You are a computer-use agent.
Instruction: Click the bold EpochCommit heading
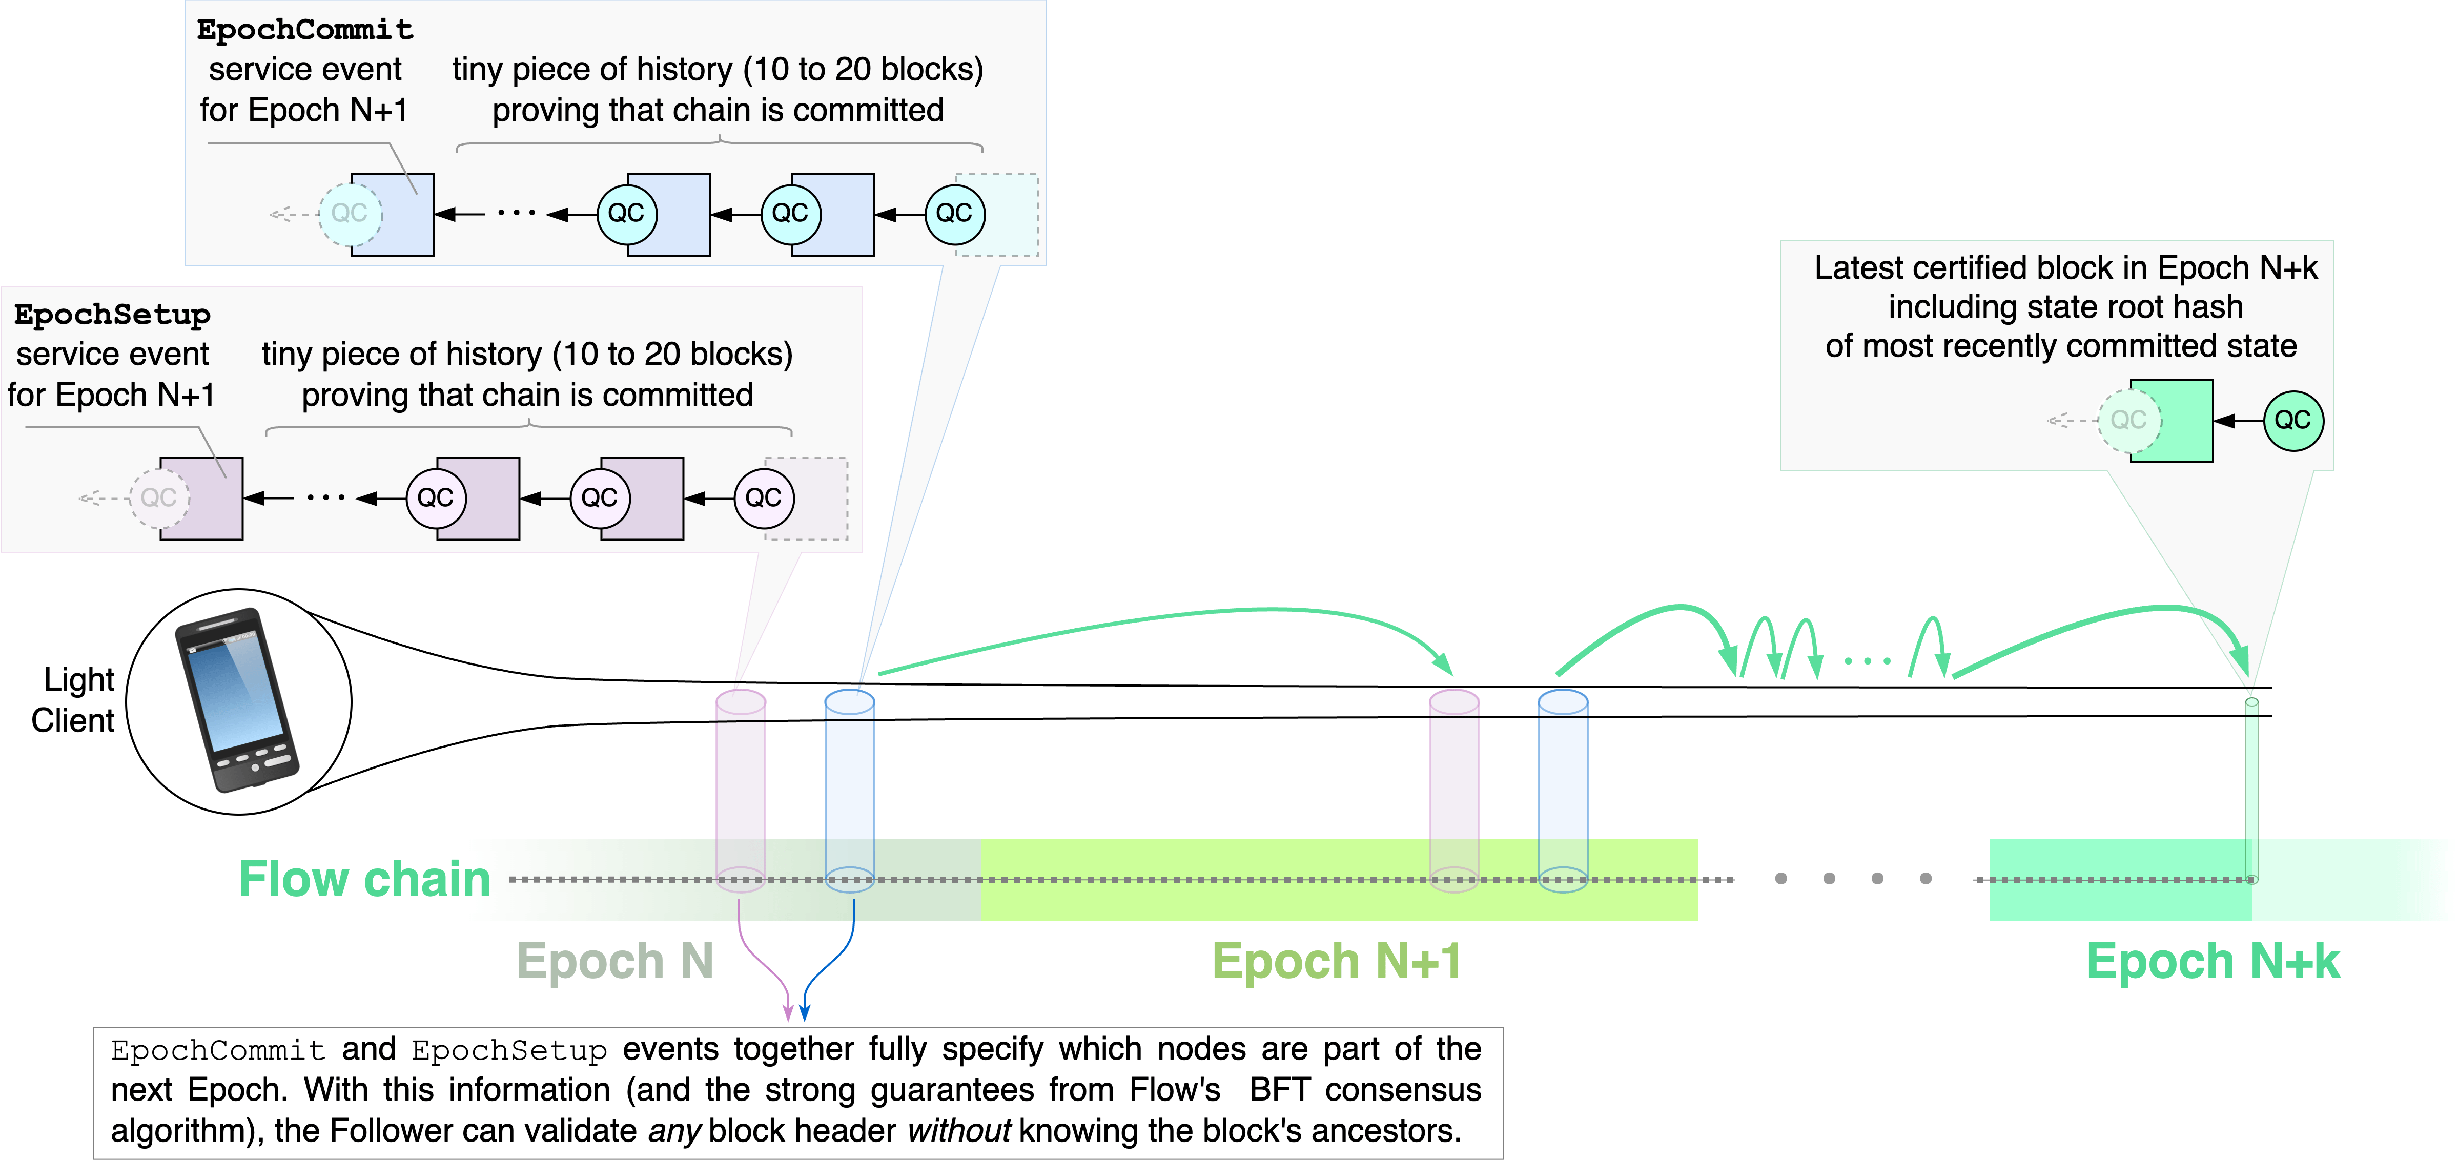point(304,30)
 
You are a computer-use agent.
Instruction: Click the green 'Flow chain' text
point(364,879)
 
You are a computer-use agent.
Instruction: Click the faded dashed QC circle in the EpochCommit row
point(349,214)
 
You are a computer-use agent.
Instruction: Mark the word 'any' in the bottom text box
point(674,1131)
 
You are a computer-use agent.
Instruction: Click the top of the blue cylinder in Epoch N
point(849,702)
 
